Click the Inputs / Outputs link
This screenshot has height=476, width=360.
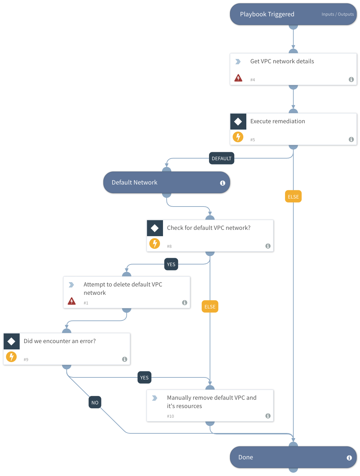[337, 14]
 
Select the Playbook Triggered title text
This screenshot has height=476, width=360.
[267, 14]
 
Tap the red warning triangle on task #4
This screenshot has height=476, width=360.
[238, 78]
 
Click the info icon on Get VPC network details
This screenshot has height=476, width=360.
[351, 79]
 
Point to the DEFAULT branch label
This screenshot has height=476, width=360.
[221, 158]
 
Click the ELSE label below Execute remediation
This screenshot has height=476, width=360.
[293, 197]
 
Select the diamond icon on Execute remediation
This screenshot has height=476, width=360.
[238, 122]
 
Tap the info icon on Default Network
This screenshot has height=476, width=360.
[222, 183]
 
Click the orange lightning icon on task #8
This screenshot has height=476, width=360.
[155, 243]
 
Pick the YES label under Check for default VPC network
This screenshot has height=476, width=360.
[171, 264]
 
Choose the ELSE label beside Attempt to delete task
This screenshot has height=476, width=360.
[210, 306]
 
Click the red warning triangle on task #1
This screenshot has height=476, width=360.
[72, 301]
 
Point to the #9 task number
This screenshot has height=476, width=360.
[26, 359]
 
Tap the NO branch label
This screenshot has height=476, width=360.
[95, 402]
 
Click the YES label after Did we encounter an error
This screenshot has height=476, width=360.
[144, 377]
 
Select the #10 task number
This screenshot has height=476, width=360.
[170, 416]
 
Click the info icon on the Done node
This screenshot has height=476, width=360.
[349, 458]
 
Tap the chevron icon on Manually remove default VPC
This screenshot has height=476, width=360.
[155, 398]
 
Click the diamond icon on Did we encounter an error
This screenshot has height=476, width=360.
[11, 341]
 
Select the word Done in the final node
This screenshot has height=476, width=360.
[245, 457]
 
